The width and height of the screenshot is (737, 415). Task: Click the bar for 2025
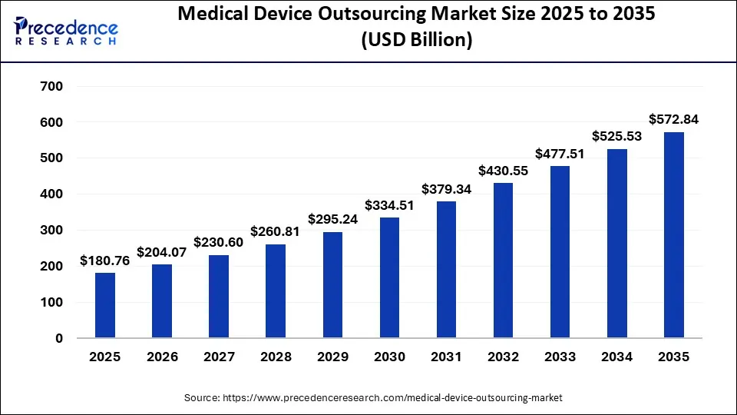pyautogui.click(x=105, y=305)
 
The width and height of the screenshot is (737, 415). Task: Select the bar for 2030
pyautogui.click(x=389, y=277)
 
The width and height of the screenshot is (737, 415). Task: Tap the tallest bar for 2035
pyautogui.click(x=673, y=235)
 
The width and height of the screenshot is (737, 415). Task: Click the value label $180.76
pyautogui.click(x=105, y=261)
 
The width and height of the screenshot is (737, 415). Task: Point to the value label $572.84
pyautogui.click(x=673, y=119)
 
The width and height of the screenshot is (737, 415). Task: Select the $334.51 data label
pyautogui.click(x=389, y=204)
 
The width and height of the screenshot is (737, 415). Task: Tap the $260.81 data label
pyautogui.click(x=276, y=231)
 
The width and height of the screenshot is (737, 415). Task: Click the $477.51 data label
pyautogui.click(x=560, y=153)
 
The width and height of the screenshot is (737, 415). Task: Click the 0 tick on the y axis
pyautogui.click(x=59, y=338)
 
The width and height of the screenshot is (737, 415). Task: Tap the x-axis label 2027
pyautogui.click(x=219, y=357)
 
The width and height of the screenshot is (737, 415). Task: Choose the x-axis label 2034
pyautogui.click(x=616, y=357)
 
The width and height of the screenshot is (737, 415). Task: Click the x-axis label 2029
pyautogui.click(x=332, y=357)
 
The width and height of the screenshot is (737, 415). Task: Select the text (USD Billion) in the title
pyautogui.click(x=415, y=40)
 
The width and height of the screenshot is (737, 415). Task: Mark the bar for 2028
pyautogui.click(x=276, y=291)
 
